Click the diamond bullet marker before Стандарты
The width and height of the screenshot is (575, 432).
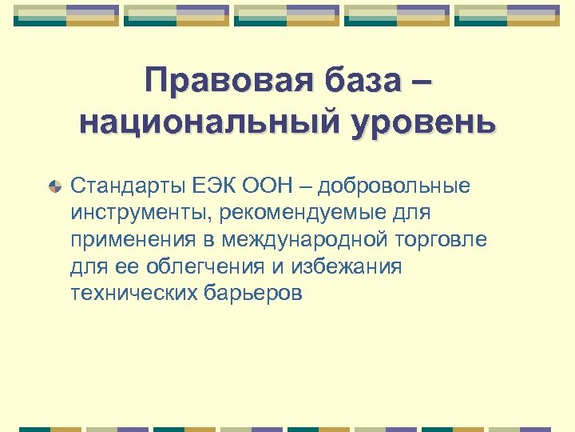(54, 187)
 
